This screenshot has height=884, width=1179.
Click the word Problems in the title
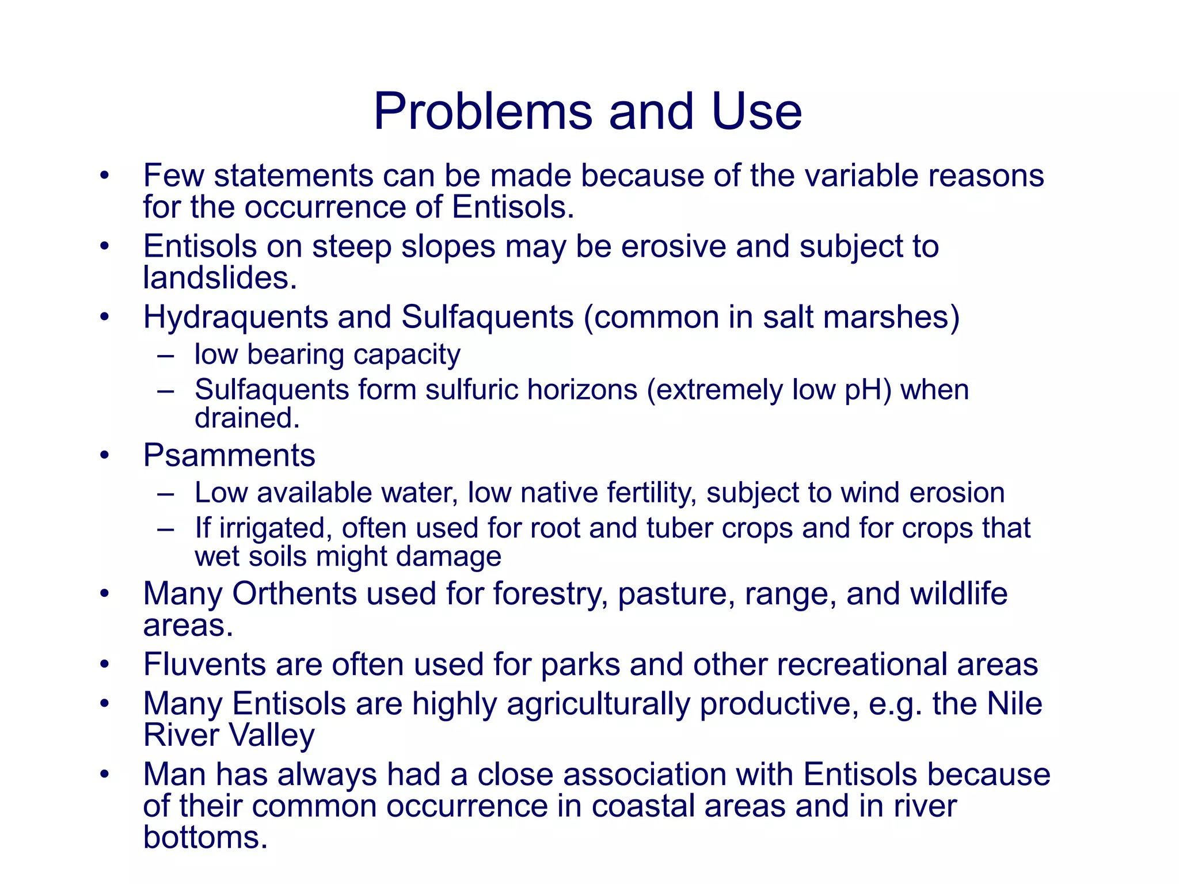click(482, 112)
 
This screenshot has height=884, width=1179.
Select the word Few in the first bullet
click(173, 176)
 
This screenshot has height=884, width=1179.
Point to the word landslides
click(219, 278)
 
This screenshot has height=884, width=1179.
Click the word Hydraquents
click(235, 317)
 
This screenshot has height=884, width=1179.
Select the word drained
click(247, 418)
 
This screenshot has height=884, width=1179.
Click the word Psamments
click(229, 456)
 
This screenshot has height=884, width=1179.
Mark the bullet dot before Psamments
click(104, 456)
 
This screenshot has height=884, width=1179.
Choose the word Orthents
click(294, 594)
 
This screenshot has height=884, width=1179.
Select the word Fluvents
click(204, 665)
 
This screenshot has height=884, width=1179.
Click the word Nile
click(1014, 704)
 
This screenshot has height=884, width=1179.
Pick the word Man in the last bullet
click(174, 775)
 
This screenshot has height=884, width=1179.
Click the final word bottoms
click(206, 838)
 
